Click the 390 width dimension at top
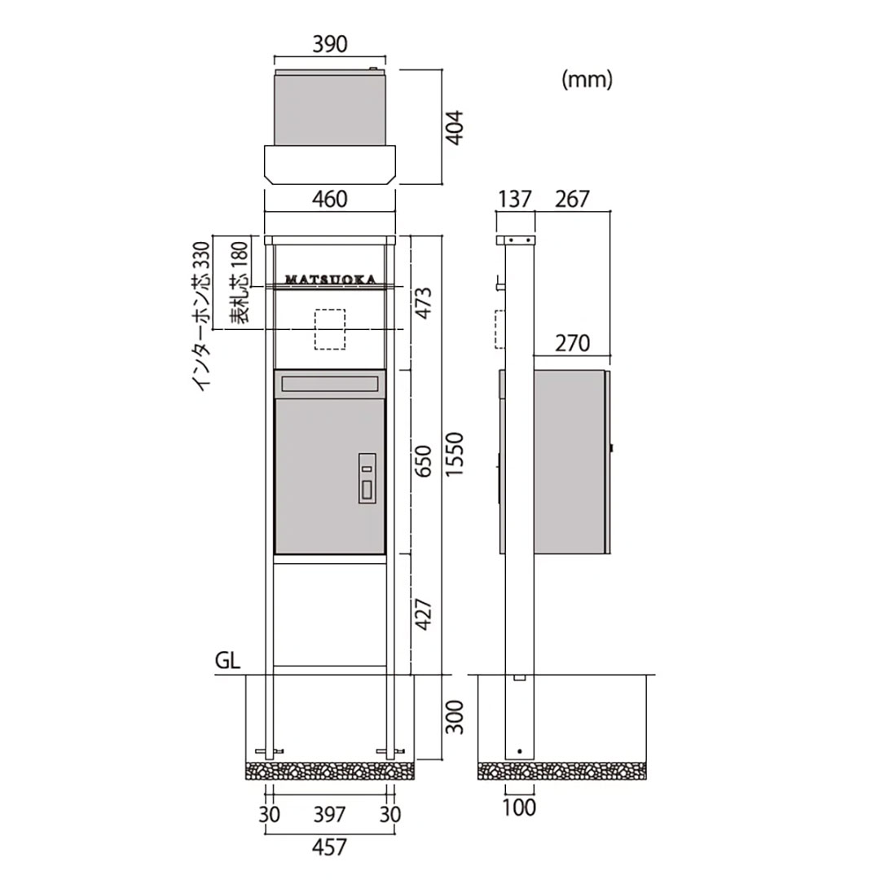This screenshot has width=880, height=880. click(x=330, y=44)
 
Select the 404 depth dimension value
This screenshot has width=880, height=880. click(x=455, y=127)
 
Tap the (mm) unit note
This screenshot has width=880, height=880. click(x=587, y=80)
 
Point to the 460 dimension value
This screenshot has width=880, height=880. click(x=330, y=200)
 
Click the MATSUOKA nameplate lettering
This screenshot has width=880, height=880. click(x=331, y=279)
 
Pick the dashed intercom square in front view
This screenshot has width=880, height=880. click(x=329, y=329)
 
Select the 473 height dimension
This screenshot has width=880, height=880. click(x=424, y=303)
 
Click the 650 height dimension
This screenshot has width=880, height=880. click(x=424, y=461)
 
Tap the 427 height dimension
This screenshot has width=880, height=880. click(x=424, y=614)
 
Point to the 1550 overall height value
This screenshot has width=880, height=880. click(x=455, y=455)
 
